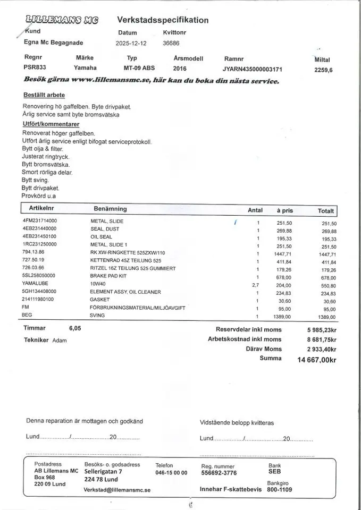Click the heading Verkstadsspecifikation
163,20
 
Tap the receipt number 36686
171,44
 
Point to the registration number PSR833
35,68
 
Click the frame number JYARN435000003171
253,69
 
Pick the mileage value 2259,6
323,70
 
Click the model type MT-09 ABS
139,68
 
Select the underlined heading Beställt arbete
44,95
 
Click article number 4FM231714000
40,220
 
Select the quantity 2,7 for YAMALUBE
255,285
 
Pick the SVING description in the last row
98,316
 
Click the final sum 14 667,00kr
316,360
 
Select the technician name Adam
59,341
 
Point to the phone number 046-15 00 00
171,472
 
